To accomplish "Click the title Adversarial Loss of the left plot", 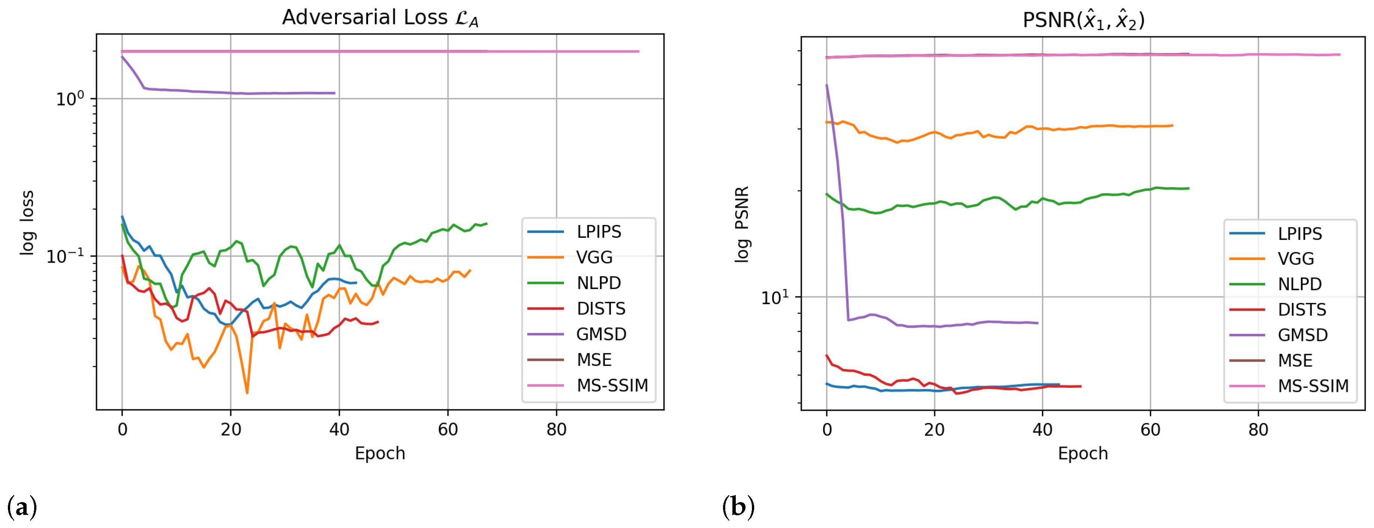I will coord(380,18).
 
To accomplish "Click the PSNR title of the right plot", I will coord(1083,20).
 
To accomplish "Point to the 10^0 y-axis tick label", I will coord(70,99).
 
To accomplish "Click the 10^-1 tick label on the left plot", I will coord(65,256).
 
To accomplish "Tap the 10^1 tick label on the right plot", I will coord(774,297).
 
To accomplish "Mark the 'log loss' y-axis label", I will coord(27,222).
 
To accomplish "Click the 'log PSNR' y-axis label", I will coord(742,224).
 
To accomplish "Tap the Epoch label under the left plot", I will coord(380,453).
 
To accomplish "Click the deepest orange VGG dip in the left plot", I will coord(247,393).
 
